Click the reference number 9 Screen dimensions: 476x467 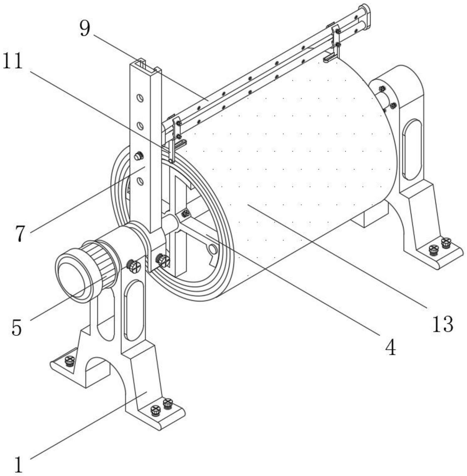click(85, 30)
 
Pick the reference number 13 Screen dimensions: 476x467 click(443, 324)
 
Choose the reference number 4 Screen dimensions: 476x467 click(391, 348)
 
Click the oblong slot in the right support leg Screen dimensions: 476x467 click(412, 150)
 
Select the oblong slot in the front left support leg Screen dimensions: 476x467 click(134, 310)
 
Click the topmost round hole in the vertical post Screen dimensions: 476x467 click(140, 98)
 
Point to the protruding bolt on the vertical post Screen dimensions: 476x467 click(139, 157)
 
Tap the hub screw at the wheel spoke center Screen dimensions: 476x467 click(186, 213)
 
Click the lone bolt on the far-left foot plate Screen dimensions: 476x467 click(70, 360)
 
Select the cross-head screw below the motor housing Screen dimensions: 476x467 click(134, 266)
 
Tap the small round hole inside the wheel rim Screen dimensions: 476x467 click(212, 249)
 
